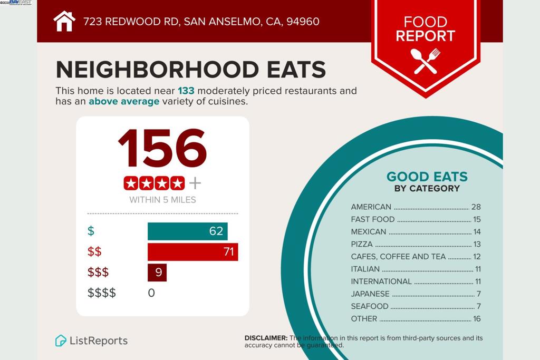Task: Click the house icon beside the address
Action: click(64, 22)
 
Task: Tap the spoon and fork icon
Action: click(425, 61)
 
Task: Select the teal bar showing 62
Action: click(187, 231)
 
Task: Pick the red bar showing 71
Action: click(192, 252)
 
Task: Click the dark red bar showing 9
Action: click(157, 273)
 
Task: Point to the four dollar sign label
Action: click(102, 293)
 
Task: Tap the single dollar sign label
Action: click(91, 231)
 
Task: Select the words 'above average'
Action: click(124, 101)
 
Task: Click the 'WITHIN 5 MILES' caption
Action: click(162, 200)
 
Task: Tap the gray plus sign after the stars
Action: click(195, 183)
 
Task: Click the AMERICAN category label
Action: click(371, 207)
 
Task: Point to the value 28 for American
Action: click(476, 207)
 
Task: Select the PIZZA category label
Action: click(362, 244)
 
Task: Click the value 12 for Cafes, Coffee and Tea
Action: click(477, 257)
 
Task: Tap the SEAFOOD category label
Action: click(370, 306)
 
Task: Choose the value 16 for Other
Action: click(477, 318)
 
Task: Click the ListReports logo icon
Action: click(61, 340)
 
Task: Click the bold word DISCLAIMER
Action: click(266, 338)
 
